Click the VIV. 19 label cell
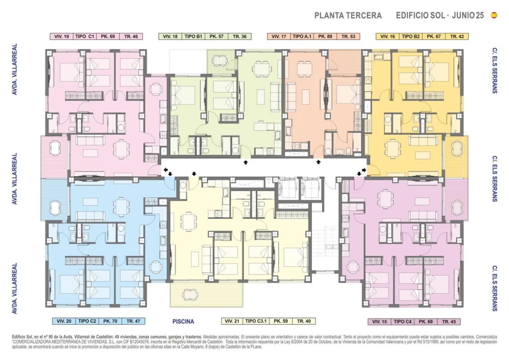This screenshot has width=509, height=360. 62,36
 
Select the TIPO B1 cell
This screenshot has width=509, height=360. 193,36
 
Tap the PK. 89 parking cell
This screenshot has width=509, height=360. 325,36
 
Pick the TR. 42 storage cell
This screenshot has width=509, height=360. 457,36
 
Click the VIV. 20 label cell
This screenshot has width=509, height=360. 64,321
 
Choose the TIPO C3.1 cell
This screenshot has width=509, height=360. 256,321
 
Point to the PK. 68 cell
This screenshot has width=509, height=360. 425,322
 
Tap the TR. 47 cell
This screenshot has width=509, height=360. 133,321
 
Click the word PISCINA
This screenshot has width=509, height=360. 183,321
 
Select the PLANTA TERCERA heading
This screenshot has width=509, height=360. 348,15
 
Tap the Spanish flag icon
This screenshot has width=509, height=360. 494,15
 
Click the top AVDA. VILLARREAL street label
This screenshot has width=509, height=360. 14,69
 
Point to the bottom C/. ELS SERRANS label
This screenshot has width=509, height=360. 495,288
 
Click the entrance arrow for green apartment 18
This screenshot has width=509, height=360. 246,162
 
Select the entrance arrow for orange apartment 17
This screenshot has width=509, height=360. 318,162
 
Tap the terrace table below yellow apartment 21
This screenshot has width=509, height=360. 190,294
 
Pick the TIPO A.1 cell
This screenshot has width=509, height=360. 302,36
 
